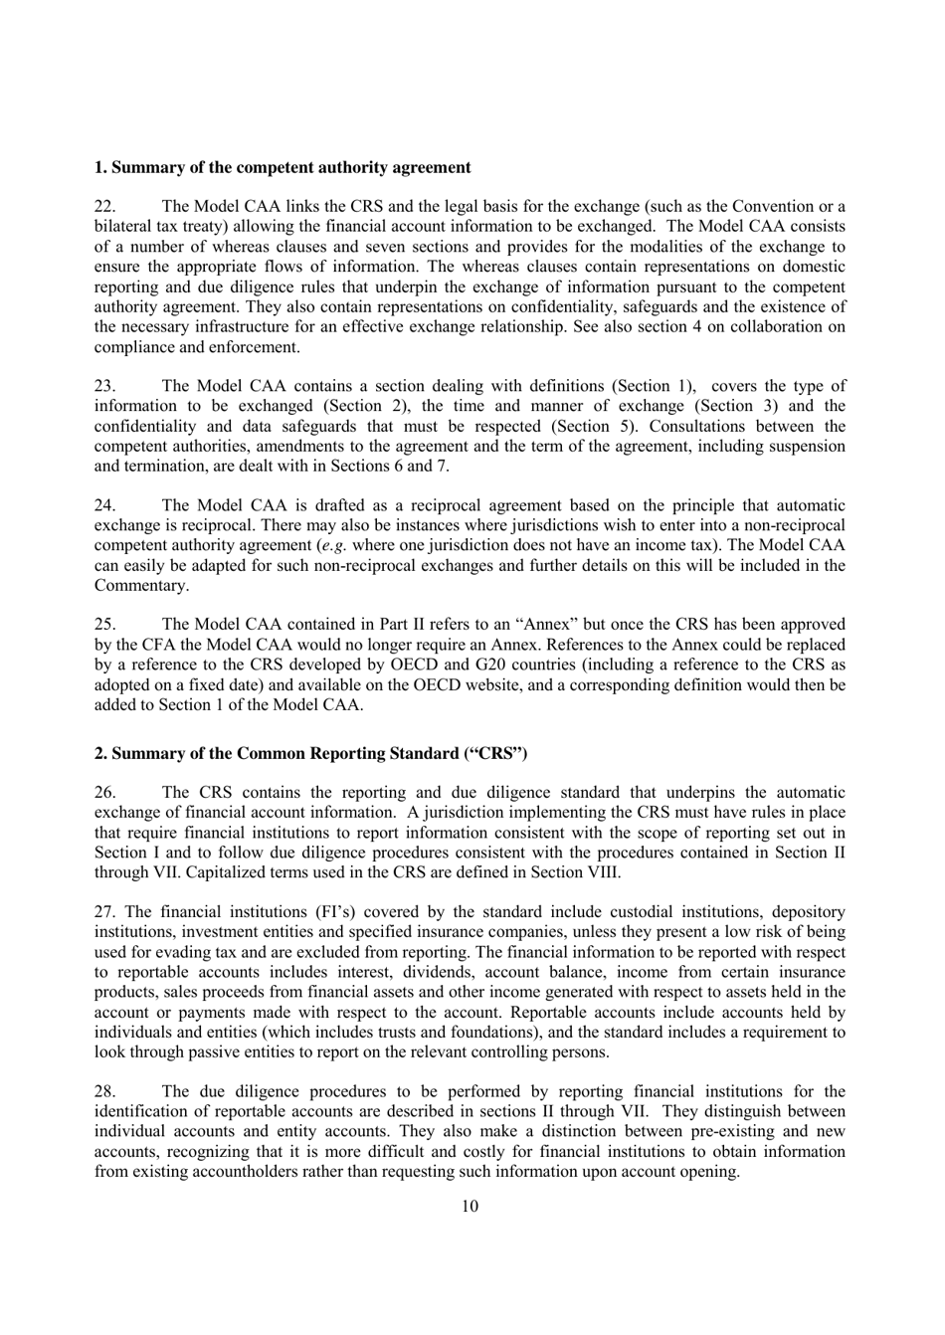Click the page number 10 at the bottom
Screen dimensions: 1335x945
[x=471, y=1207]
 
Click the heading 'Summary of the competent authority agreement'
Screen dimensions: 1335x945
[x=283, y=167]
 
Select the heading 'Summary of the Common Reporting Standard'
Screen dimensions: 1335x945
[x=310, y=753]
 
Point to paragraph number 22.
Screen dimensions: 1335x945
[x=104, y=207]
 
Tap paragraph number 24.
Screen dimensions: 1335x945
[x=104, y=505]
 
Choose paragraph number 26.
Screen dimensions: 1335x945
[x=104, y=793]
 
